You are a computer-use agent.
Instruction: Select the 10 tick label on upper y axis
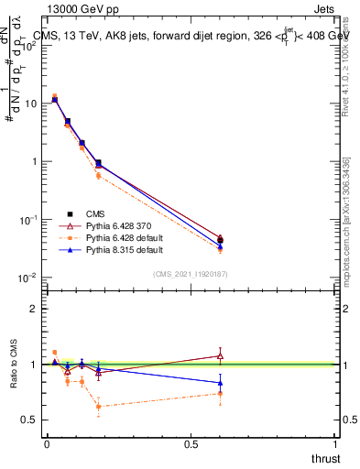(31, 104)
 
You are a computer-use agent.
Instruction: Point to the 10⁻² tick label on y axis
(27, 278)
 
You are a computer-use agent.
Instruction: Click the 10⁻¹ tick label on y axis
(27, 220)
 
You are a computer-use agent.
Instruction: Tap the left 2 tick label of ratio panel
(34, 309)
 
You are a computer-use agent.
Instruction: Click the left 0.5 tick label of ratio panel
(29, 420)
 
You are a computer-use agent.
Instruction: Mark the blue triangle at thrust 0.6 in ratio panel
(220, 383)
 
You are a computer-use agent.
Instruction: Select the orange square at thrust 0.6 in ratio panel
(220, 394)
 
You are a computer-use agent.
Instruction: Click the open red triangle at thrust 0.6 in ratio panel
(220, 355)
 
